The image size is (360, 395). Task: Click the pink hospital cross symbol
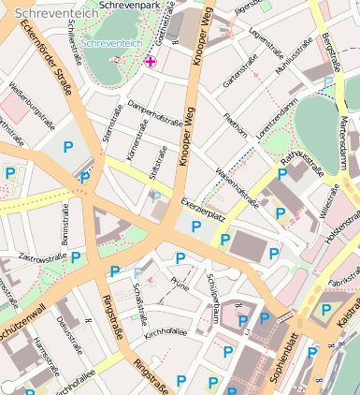tap(151, 62)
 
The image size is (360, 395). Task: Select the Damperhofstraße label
tap(153, 114)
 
